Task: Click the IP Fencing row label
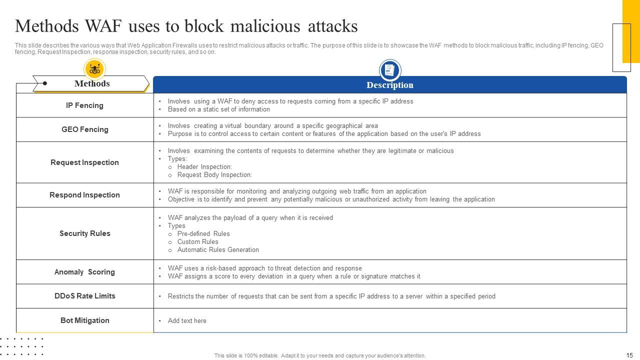click(84, 105)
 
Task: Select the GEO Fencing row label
click(84, 129)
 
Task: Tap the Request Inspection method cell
click(84, 162)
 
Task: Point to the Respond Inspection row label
click(84, 195)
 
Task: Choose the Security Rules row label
click(84, 233)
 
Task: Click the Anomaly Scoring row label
click(84, 272)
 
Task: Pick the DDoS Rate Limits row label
click(84, 296)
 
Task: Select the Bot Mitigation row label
click(84, 320)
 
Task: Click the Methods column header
click(92, 83)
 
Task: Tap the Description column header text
click(389, 85)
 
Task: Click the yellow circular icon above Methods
click(94, 69)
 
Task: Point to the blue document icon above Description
click(390, 70)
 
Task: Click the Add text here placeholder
click(187, 321)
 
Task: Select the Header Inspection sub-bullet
click(204, 167)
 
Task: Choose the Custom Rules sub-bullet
click(197, 242)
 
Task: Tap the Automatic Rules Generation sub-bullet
click(218, 250)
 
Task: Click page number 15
click(629, 355)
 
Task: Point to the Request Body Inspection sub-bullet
click(214, 175)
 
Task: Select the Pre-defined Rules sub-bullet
click(203, 234)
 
